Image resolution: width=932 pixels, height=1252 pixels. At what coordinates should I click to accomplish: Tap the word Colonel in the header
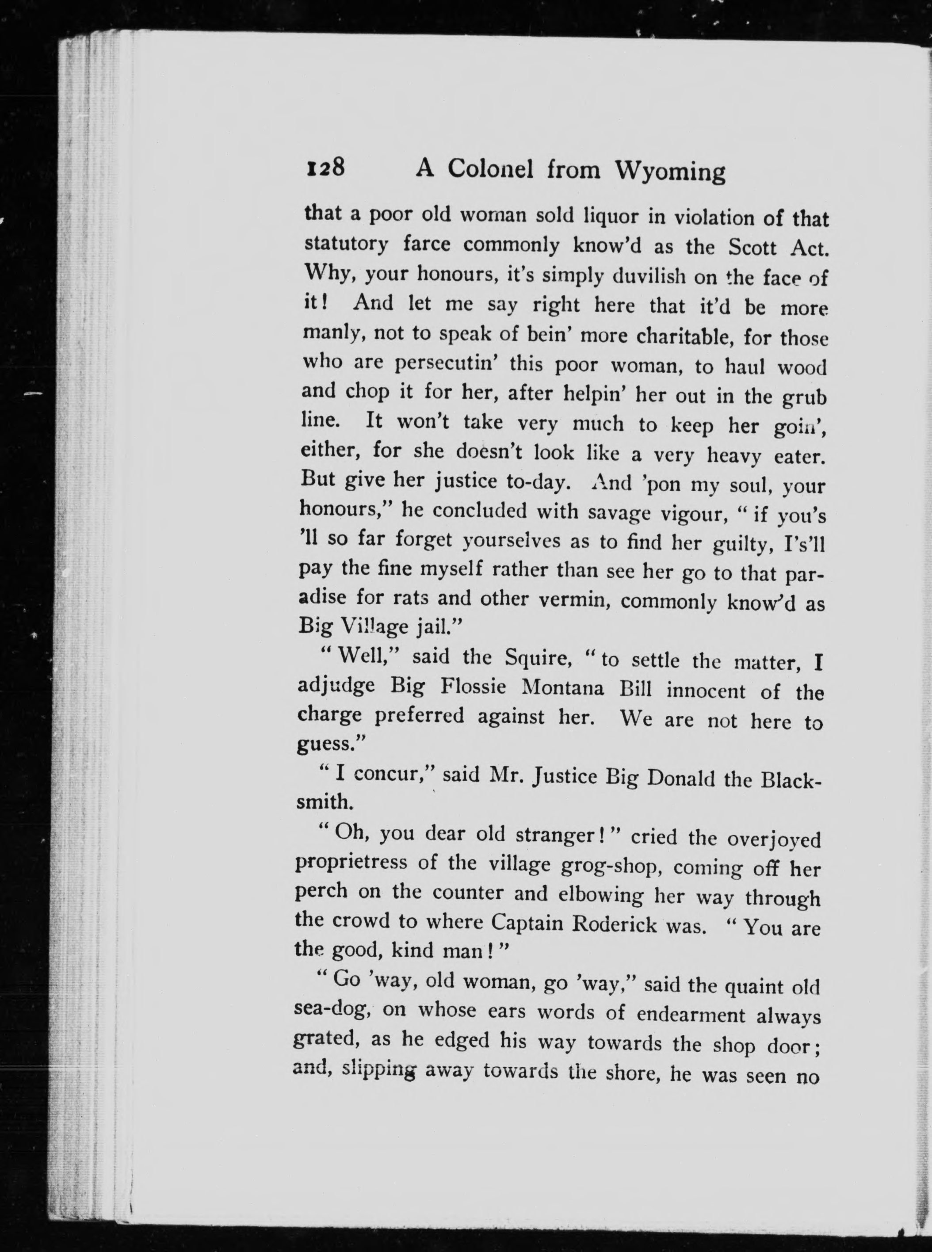(493, 169)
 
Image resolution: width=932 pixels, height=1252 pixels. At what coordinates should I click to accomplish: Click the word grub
(804, 397)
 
